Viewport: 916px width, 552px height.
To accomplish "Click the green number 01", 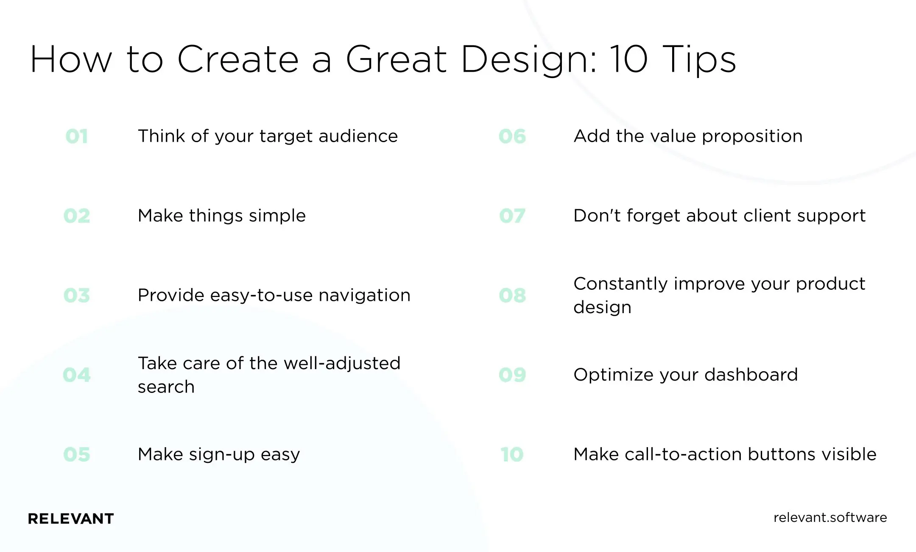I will [77, 136].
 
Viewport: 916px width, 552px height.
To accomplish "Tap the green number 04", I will [77, 375].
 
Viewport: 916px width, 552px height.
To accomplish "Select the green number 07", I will [512, 216].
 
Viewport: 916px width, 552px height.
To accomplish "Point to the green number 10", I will [512, 454].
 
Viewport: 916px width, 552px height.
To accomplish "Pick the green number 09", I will [512, 375].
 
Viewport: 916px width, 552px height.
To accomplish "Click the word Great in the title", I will [396, 59].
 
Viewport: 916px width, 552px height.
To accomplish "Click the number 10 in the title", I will [628, 59].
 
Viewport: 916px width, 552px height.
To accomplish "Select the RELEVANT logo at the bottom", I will [71, 518].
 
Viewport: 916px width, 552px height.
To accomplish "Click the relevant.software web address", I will [830, 518].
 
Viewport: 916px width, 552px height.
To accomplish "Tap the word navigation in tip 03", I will [364, 295].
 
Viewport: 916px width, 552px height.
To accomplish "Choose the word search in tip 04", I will [166, 387].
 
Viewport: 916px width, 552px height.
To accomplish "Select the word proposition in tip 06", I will [752, 137].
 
